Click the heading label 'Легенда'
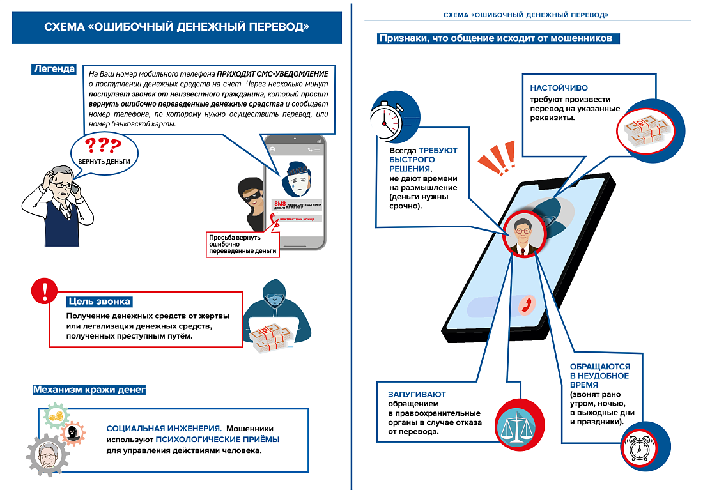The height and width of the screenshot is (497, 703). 54,69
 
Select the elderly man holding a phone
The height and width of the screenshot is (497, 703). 57,204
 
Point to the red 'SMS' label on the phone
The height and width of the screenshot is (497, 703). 279,204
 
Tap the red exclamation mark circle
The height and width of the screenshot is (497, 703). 44,293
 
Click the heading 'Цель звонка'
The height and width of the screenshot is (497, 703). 99,302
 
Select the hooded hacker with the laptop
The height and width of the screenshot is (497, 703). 276,312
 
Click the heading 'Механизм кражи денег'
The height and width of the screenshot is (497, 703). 89,389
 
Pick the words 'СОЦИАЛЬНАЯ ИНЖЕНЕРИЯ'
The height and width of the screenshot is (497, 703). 164,428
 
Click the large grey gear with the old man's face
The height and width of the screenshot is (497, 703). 47,454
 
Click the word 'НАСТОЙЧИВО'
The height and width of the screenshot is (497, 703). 559,88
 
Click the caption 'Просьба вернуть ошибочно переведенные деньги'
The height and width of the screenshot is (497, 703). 243,245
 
